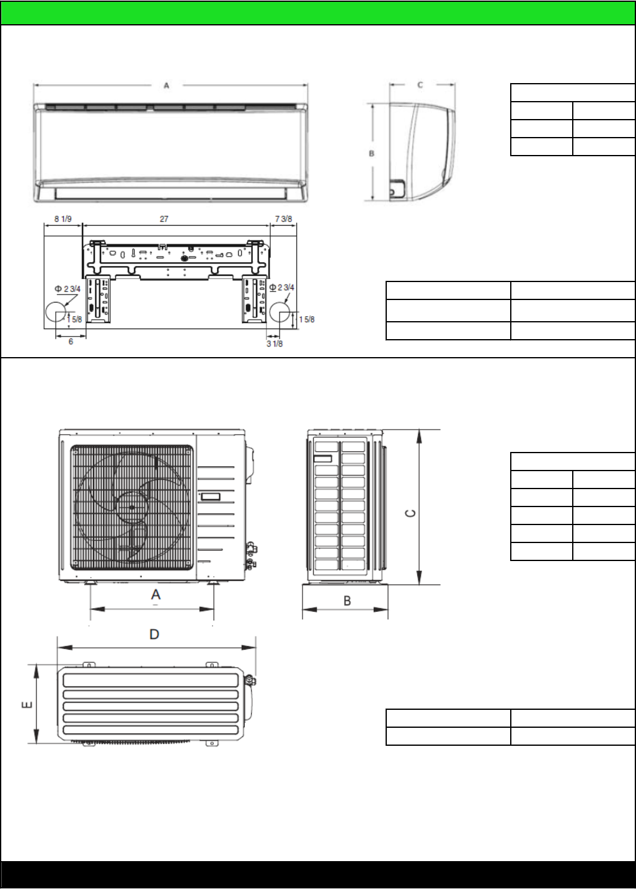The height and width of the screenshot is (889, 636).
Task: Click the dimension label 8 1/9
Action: (63, 219)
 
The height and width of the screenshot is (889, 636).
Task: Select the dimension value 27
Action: (164, 219)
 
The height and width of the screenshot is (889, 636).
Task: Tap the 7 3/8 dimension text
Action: (283, 219)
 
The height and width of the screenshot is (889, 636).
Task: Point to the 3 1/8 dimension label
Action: (275, 343)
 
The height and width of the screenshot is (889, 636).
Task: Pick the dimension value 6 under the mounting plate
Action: (71, 342)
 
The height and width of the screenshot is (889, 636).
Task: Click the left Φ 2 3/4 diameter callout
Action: (68, 289)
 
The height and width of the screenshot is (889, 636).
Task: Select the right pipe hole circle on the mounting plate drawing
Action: (280, 312)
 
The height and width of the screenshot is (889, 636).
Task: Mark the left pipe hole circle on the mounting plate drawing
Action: (56, 312)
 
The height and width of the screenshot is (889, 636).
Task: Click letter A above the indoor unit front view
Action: (167, 86)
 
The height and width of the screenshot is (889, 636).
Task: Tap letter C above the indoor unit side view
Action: (420, 85)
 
